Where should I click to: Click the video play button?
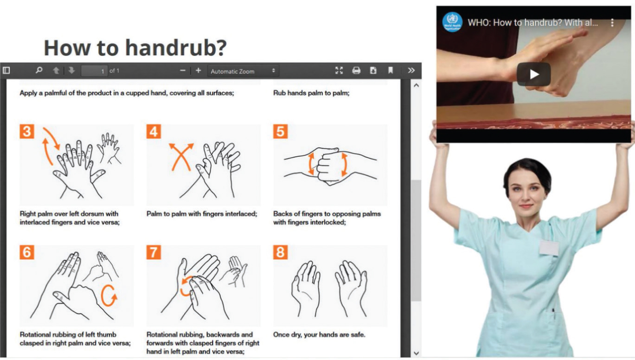(x=534, y=74)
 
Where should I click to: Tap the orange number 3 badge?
(x=27, y=131)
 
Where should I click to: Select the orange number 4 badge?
(x=154, y=131)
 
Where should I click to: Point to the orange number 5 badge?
(x=280, y=131)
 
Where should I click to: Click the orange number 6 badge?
(x=27, y=252)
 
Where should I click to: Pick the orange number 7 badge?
(x=154, y=252)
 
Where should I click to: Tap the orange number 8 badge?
(x=280, y=252)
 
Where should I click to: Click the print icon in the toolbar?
(x=356, y=70)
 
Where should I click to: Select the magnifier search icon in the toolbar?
(x=39, y=70)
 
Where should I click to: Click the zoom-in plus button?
(x=198, y=70)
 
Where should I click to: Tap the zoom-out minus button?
(x=183, y=70)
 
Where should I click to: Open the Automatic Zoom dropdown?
(x=243, y=71)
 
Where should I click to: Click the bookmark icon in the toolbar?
(x=390, y=70)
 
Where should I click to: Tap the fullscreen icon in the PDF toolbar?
(x=339, y=70)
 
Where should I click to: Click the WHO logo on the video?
(x=452, y=22)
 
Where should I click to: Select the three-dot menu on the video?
(x=612, y=22)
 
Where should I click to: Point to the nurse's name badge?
(x=549, y=247)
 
